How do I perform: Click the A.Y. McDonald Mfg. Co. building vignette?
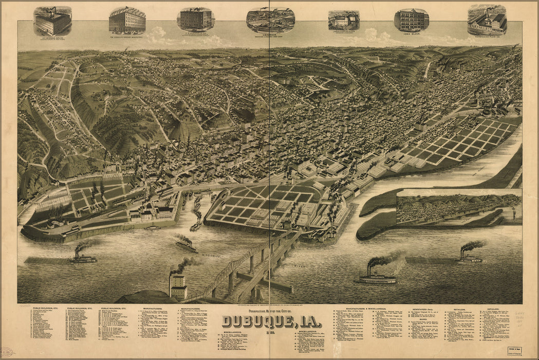[52, 22]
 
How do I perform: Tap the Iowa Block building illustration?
[411, 21]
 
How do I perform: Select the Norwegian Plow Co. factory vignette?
[487, 21]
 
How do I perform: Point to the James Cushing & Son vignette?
[344, 21]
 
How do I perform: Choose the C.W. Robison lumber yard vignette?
[270, 21]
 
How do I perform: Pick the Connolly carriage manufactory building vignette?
[127, 21]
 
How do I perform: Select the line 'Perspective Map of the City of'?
[270, 310]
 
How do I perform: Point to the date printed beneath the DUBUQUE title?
[270, 331]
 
